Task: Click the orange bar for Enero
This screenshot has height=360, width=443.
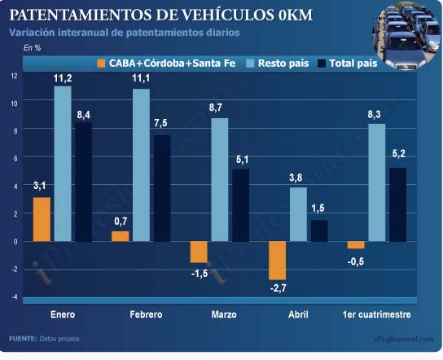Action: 42,219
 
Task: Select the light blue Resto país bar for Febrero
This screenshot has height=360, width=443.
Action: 141,165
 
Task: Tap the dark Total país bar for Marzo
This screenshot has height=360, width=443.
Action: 241,205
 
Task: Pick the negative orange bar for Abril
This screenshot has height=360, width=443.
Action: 278,261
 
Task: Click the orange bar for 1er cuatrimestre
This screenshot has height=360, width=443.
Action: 356,245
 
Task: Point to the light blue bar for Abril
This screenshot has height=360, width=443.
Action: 298,214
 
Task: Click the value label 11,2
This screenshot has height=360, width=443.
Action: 63,78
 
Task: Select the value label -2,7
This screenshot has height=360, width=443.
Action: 279,288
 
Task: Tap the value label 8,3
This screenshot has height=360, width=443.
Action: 374,115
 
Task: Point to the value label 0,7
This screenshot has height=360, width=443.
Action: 121,222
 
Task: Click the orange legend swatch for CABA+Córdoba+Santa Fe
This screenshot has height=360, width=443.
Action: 101,64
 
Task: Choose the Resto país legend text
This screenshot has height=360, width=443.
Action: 283,64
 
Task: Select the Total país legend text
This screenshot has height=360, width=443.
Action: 353,64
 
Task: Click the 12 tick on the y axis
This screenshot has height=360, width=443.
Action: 14,76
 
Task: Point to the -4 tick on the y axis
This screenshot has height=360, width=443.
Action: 14,296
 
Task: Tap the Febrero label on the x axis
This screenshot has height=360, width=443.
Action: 146,314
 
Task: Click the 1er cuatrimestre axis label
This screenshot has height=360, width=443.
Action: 376,314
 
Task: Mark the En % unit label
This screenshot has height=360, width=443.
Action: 32,48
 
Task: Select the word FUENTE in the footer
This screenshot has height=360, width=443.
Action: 23,339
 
